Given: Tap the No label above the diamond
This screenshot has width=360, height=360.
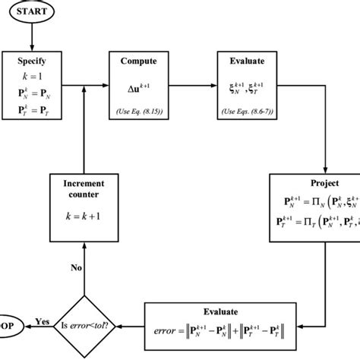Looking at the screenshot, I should point(76,267).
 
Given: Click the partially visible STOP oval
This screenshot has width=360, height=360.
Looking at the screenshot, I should point(8,321).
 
